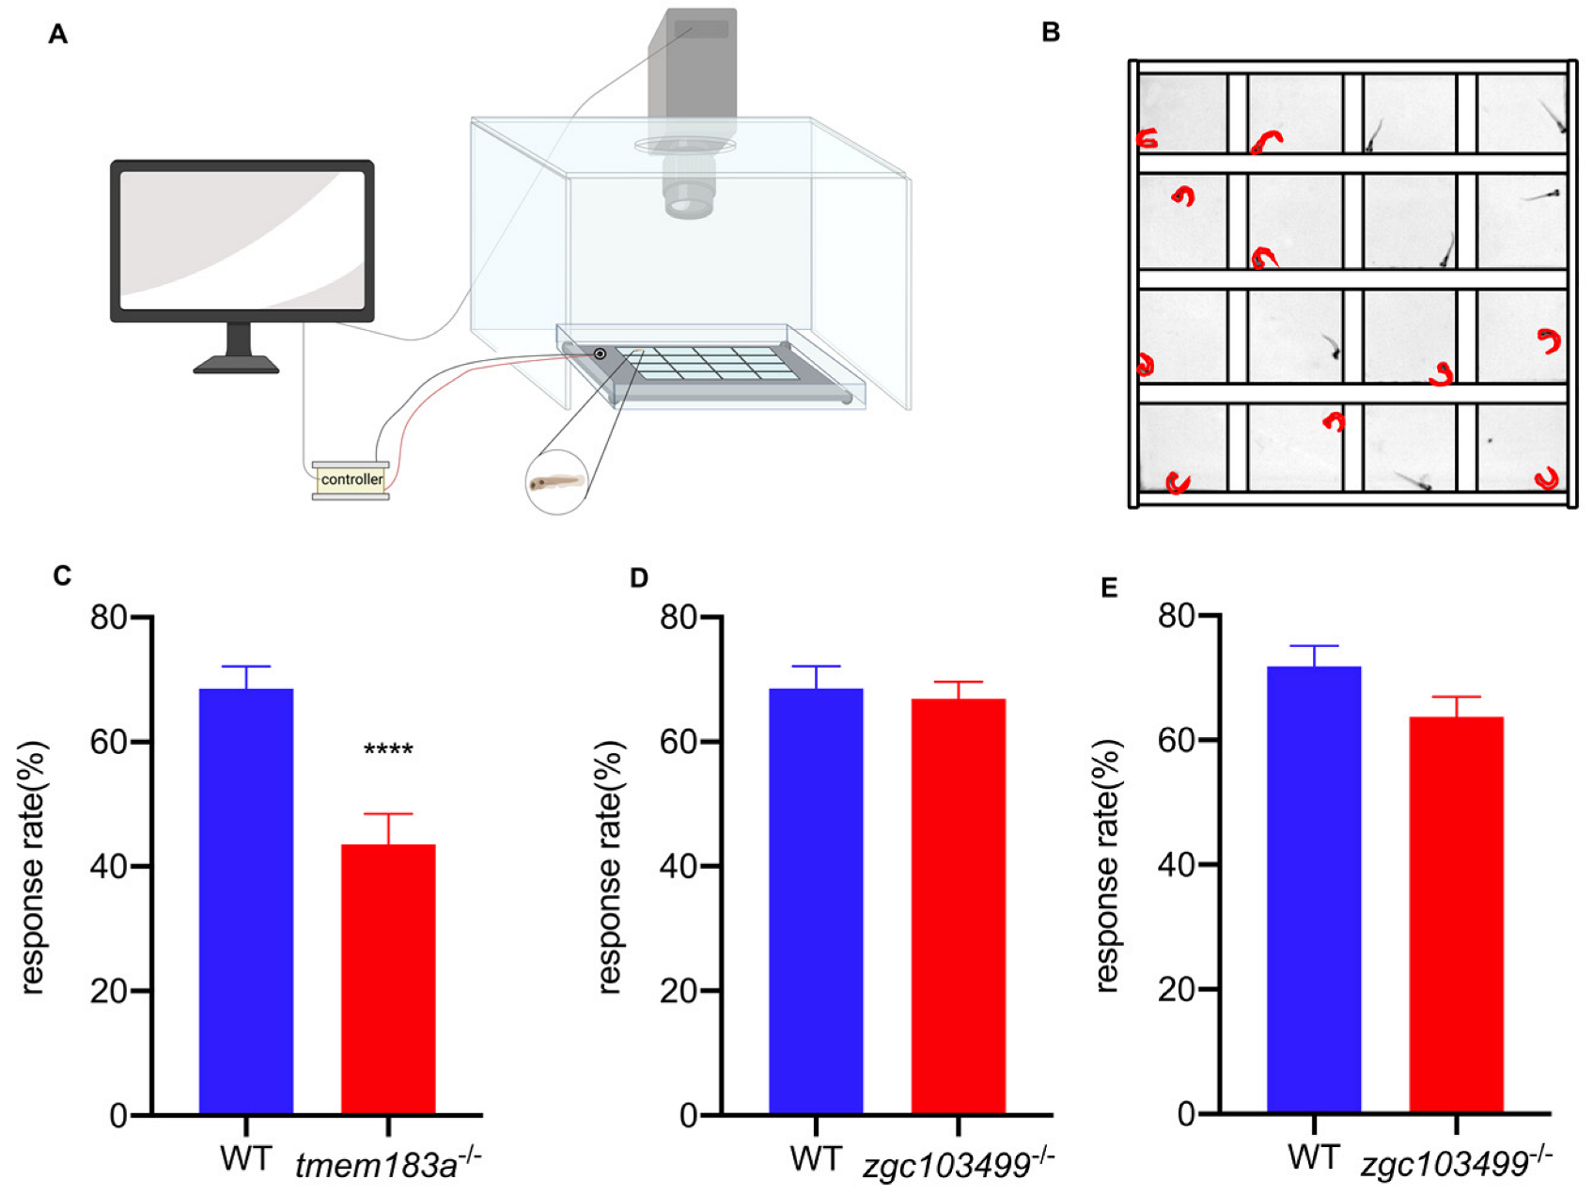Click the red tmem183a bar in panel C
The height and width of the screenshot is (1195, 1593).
point(387,978)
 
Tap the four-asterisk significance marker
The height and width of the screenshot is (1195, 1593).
point(388,750)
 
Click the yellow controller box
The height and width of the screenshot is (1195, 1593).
point(351,480)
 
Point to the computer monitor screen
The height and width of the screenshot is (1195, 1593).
point(242,241)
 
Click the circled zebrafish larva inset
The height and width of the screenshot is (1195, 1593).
point(556,483)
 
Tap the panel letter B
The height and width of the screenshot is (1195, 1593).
point(1051,33)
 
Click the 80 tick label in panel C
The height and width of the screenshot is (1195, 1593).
point(109,618)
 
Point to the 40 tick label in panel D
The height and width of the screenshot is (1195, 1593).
point(678,866)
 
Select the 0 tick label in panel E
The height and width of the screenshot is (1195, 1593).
point(1186,1114)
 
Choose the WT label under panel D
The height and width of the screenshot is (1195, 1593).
point(815,1159)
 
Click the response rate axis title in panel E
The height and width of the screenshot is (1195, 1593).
point(1109,865)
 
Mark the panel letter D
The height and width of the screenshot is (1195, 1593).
point(639,577)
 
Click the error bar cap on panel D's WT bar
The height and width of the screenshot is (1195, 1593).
point(816,667)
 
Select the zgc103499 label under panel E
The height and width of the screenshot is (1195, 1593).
point(1456,1163)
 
